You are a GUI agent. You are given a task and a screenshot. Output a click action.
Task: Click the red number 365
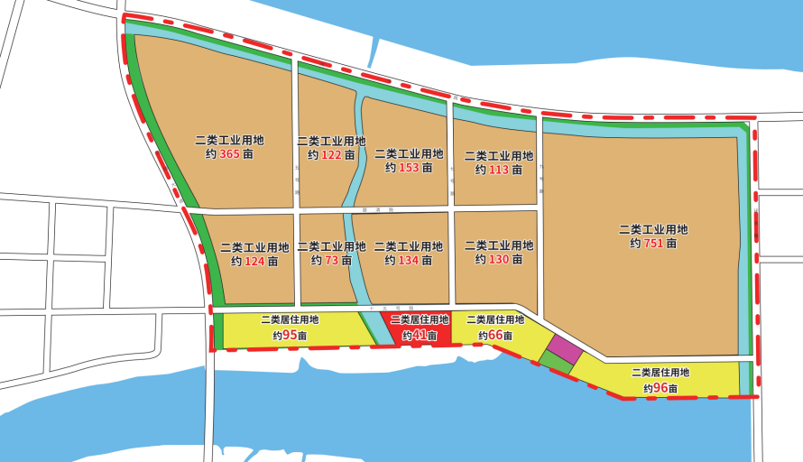229,154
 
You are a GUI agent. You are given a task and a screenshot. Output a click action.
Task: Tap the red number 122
331,155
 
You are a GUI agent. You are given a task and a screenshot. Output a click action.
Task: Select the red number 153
409,168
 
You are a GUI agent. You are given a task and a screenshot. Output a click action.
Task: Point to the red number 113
499,170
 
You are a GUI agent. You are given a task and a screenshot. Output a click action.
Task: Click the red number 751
654,243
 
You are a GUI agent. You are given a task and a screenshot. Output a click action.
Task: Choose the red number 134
409,261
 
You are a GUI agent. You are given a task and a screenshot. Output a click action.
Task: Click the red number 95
290,335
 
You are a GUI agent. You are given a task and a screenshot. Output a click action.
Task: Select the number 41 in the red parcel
420,335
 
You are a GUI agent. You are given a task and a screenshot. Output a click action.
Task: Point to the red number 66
495,335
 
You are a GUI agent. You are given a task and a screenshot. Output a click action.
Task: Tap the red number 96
661,388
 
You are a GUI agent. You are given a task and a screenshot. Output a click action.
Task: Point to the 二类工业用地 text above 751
653,228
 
